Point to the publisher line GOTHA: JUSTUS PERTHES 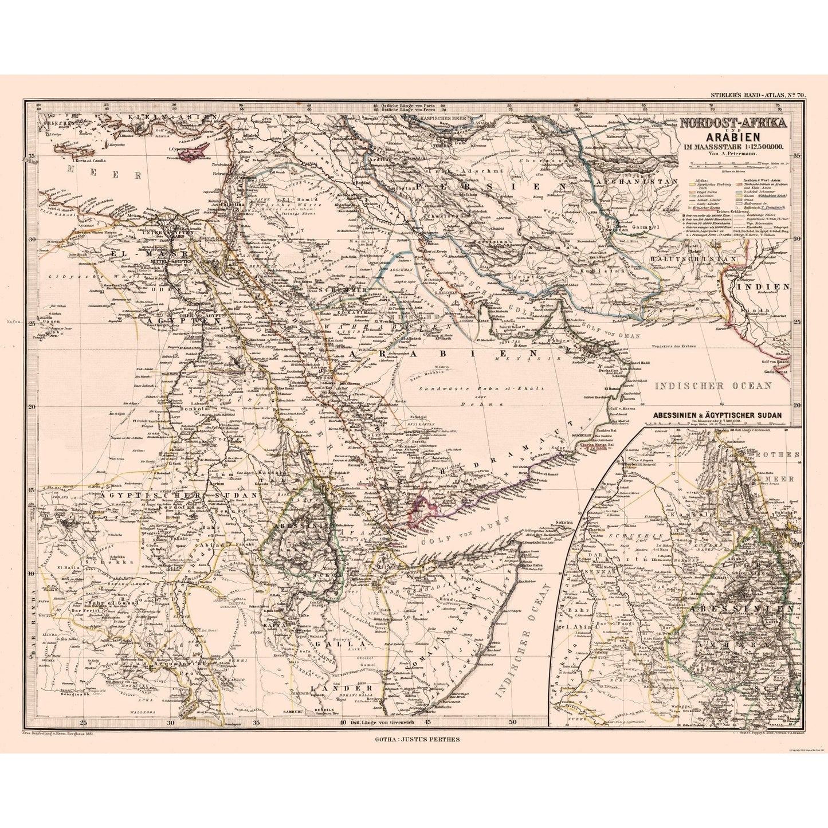pos(416,739)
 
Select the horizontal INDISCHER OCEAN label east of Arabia pos(713,386)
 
